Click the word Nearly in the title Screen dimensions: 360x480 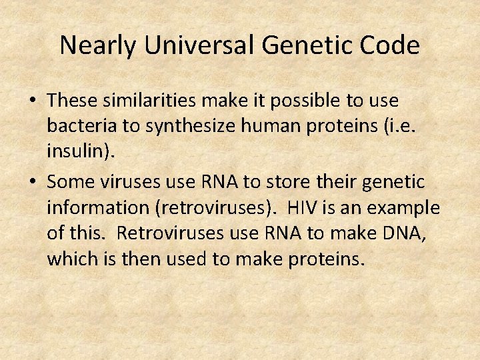[x=99, y=45]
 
